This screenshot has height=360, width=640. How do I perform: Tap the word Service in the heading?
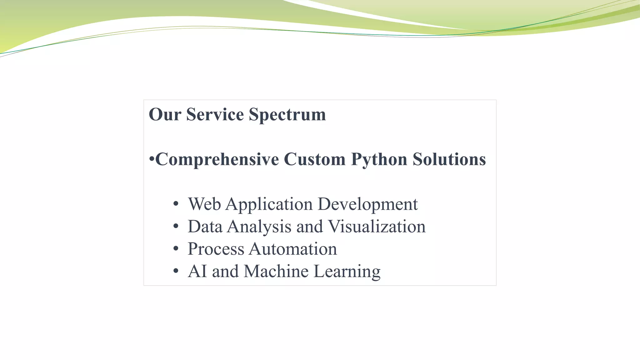click(x=215, y=114)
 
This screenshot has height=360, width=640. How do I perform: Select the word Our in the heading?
click(x=165, y=114)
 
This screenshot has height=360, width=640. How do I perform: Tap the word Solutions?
click(x=449, y=159)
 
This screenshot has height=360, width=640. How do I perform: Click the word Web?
click(x=204, y=204)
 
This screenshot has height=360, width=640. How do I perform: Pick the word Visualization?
click(x=377, y=227)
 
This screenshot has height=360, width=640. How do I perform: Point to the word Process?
click(x=216, y=249)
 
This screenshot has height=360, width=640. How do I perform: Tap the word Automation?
click(x=293, y=249)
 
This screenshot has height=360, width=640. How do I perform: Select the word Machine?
click(x=276, y=271)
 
